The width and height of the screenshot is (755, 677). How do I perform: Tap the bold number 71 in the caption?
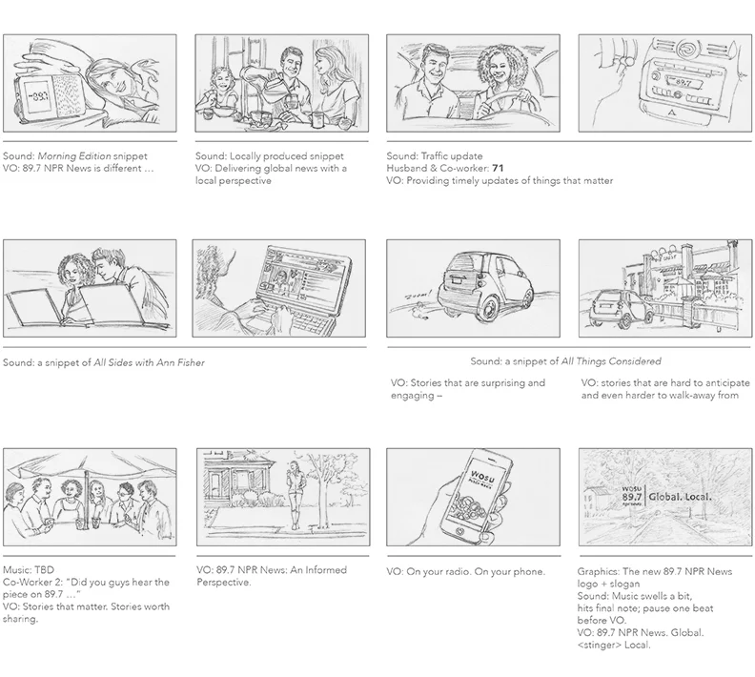(498, 169)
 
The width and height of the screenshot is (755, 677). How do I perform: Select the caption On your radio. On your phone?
(465, 572)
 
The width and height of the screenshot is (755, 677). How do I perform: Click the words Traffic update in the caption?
(449, 156)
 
